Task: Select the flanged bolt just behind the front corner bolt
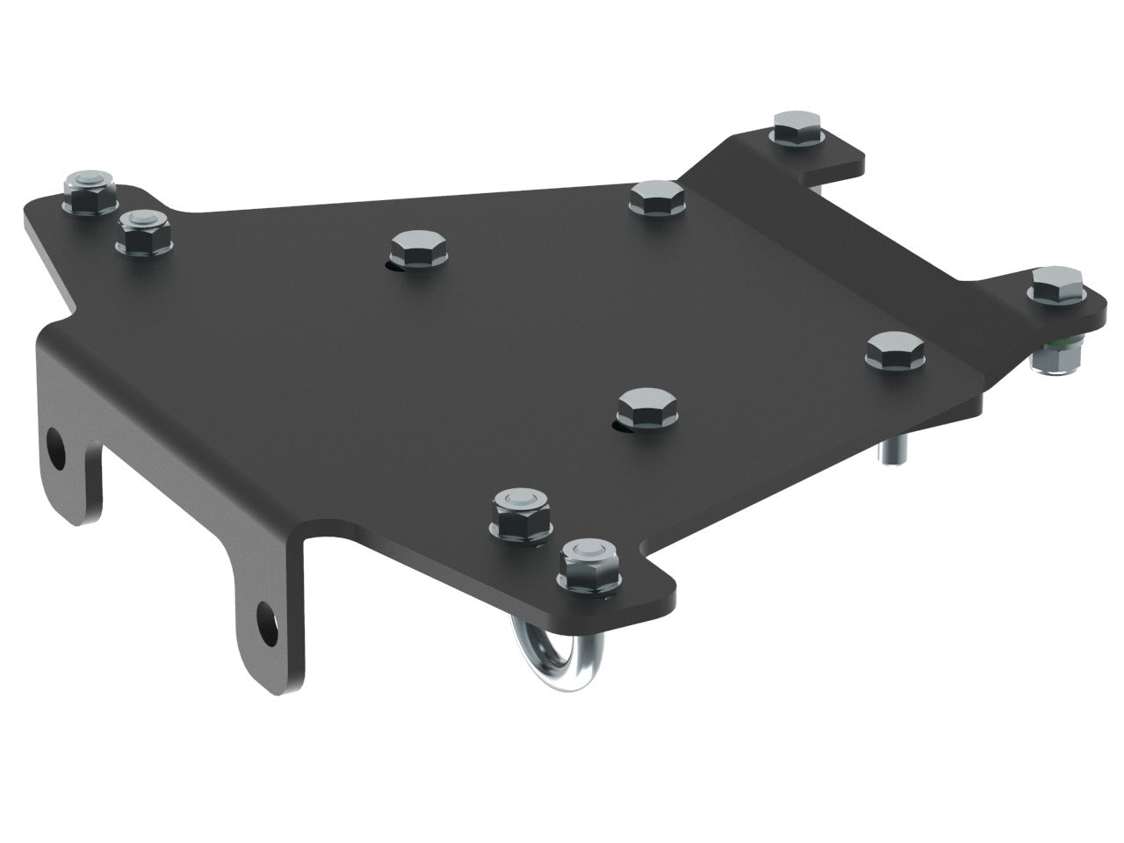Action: (520, 512)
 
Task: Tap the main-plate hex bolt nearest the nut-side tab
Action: (890, 349)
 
